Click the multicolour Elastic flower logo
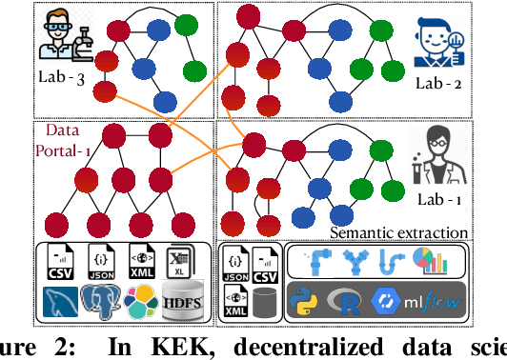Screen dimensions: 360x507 tap(139, 302)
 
